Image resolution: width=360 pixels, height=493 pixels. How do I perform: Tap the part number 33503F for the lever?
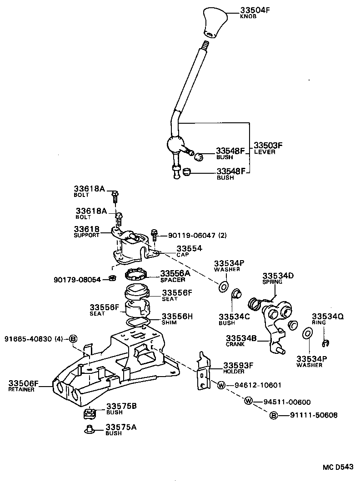(268, 145)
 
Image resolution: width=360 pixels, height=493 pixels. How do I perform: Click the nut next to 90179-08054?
(112, 278)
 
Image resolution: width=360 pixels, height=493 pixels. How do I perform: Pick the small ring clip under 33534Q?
(325, 342)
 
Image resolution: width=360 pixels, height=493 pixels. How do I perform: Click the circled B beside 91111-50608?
(274, 415)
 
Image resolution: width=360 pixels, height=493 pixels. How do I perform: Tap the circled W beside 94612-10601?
(221, 385)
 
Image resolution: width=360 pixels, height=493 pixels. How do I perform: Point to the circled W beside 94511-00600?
(248, 401)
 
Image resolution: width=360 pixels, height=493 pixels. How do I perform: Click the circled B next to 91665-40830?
(72, 338)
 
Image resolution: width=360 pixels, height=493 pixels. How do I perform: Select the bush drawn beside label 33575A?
(90, 428)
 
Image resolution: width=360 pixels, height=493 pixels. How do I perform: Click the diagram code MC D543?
(338, 467)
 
